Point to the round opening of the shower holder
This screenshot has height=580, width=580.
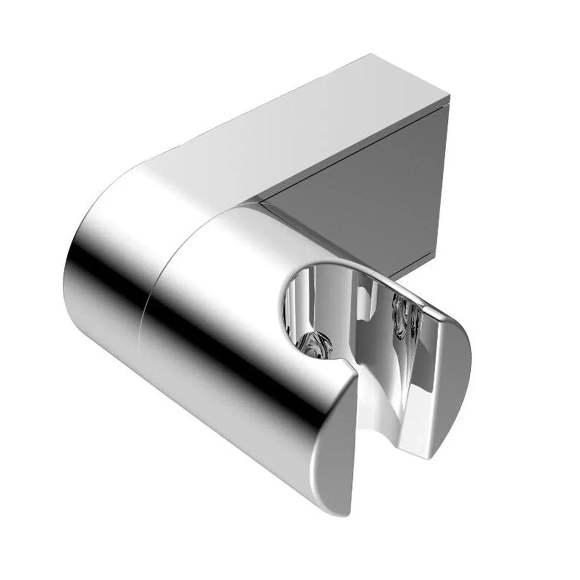pyautogui.click(x=309, y=309)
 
